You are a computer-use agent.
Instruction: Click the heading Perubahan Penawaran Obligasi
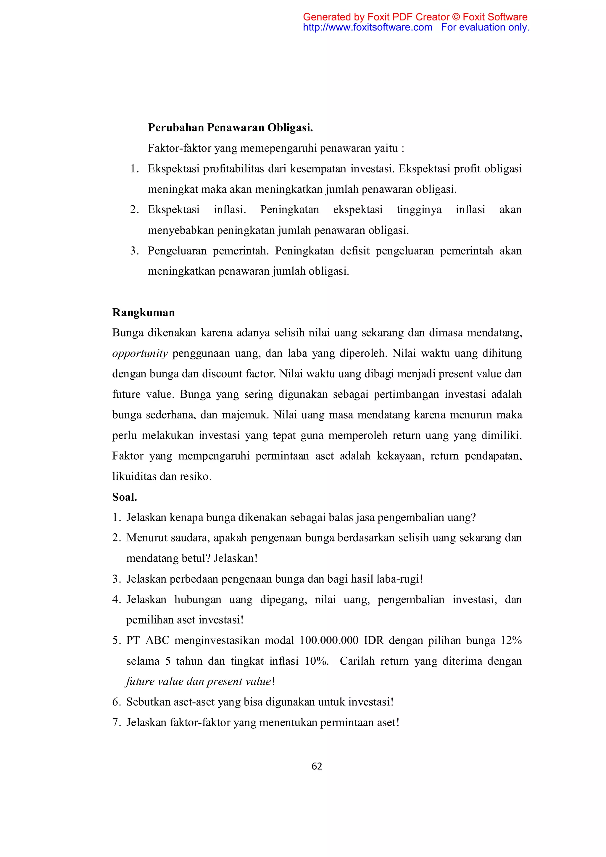pyautogui.click(x=230, y=128)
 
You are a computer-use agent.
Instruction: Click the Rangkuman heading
pyautogui.click(x=143, y=312)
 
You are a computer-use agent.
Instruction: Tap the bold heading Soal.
pyautogui.click(x=125, y=497)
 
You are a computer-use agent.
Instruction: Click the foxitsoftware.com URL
pyautogui.click(x=367, y=27)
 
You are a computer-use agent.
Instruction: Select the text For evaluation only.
pyautogui.click(x=485, y=27)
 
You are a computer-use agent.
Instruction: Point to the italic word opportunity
pyautogui.click(x=140, y=353)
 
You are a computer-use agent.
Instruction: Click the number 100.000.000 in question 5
pyautogui.click(x=329, y=640)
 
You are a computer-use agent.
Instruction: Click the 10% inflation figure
pyautogui.click(x=316, y=661)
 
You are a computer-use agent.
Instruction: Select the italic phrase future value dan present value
pyautogui.click(x=199, y=681)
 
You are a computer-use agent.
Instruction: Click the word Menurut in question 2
pyautogui.click(x=147, y=538)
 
